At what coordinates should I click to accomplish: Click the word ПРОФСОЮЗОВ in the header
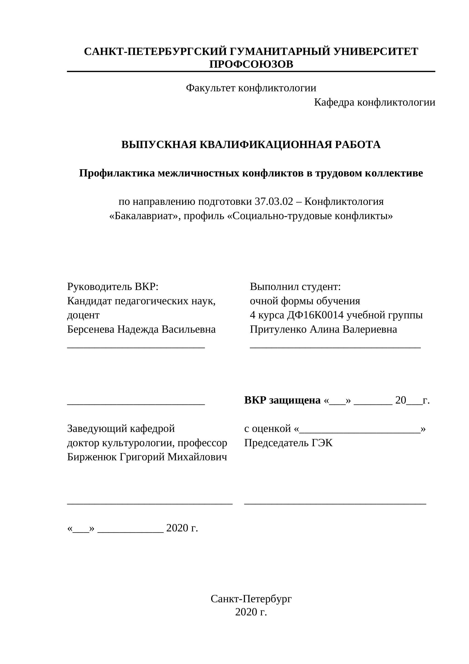click(x=251, y=64)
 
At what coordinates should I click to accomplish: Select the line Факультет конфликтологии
click(x=251, y=88)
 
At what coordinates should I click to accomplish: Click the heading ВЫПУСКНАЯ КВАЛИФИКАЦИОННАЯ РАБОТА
click(x=251, y=145)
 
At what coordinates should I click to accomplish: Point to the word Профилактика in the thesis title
click(x=117, y=173)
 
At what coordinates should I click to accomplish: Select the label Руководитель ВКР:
click(x=113, y=287)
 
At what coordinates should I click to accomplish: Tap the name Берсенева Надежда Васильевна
click(x=141, y=329)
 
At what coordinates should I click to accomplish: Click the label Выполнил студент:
click(x=295, y=287)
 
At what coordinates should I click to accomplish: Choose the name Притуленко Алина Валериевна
click(x=323, y=329)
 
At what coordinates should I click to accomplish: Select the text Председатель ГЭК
click(x=288, y=443)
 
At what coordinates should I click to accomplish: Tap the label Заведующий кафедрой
click(x=121, y=429)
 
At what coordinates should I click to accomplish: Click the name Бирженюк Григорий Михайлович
click(x=147, y=457)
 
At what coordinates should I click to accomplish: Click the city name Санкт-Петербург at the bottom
click(x=251, y=599)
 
